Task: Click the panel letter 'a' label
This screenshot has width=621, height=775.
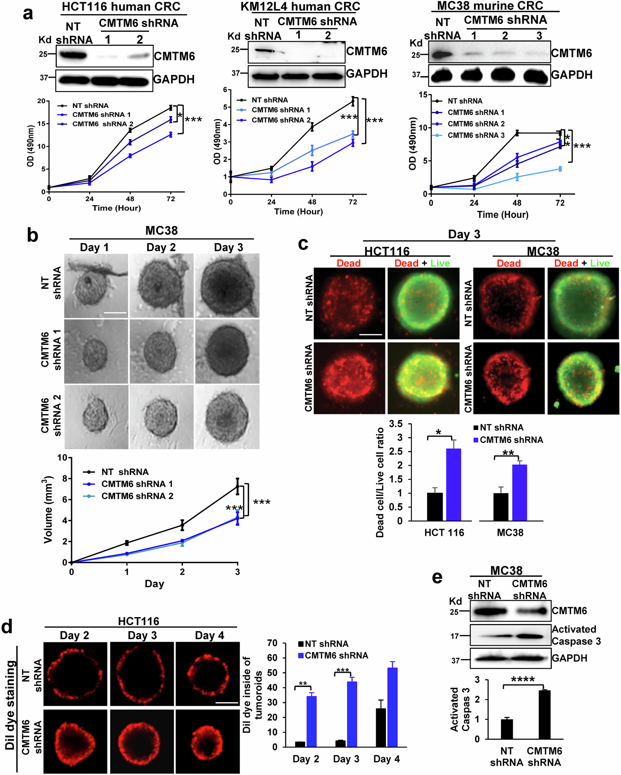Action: click(28, 14)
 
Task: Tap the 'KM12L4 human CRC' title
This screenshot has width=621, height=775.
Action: click(300, 7)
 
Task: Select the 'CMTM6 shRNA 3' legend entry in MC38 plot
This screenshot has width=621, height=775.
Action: click(475, 135)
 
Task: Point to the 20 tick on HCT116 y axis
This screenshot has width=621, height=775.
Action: click(42, 101)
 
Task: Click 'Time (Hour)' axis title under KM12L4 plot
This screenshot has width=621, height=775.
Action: click(298, 211)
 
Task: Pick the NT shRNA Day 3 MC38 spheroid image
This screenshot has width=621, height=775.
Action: click(227, 286)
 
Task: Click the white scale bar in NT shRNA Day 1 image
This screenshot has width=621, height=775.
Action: click(115, 313)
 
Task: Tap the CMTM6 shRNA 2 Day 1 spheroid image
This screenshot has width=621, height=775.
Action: click(96, 417)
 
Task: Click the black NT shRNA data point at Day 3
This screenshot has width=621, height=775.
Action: click(237, 486)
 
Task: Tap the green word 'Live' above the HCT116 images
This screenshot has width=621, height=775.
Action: click(440, 263)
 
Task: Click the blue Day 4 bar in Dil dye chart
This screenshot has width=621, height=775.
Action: click(392, 707)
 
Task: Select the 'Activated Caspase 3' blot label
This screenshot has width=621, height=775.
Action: click(576, 635)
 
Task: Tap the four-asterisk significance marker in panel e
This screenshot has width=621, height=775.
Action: click(523, 679)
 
